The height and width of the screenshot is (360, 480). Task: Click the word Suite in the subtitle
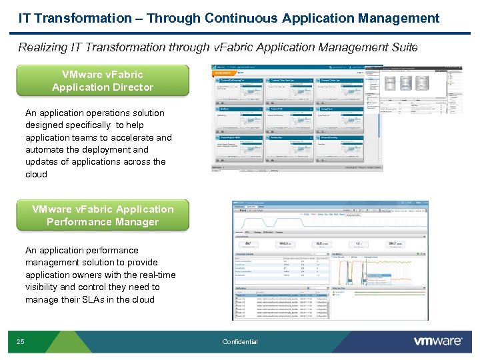tap(403, 47)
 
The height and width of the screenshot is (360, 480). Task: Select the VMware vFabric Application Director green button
tap(103, 81)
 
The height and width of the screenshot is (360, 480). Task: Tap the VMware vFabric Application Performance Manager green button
tap(103, 215)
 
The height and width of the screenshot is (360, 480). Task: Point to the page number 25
tap(21, 342)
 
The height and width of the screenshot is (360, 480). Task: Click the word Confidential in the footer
tap(240, 342)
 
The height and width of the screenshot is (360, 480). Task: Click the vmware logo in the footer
tap(438, 341)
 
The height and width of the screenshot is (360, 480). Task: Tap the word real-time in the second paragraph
tap(157, 275)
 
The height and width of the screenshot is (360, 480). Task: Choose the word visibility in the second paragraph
tap(41, 287)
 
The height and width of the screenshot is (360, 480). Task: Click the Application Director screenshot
tap(297, 118)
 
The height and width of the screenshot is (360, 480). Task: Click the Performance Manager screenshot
tap(330, 259)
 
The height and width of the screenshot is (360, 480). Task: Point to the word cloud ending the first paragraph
tap(37, 174)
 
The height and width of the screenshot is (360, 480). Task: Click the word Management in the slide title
tap(401, 18)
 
